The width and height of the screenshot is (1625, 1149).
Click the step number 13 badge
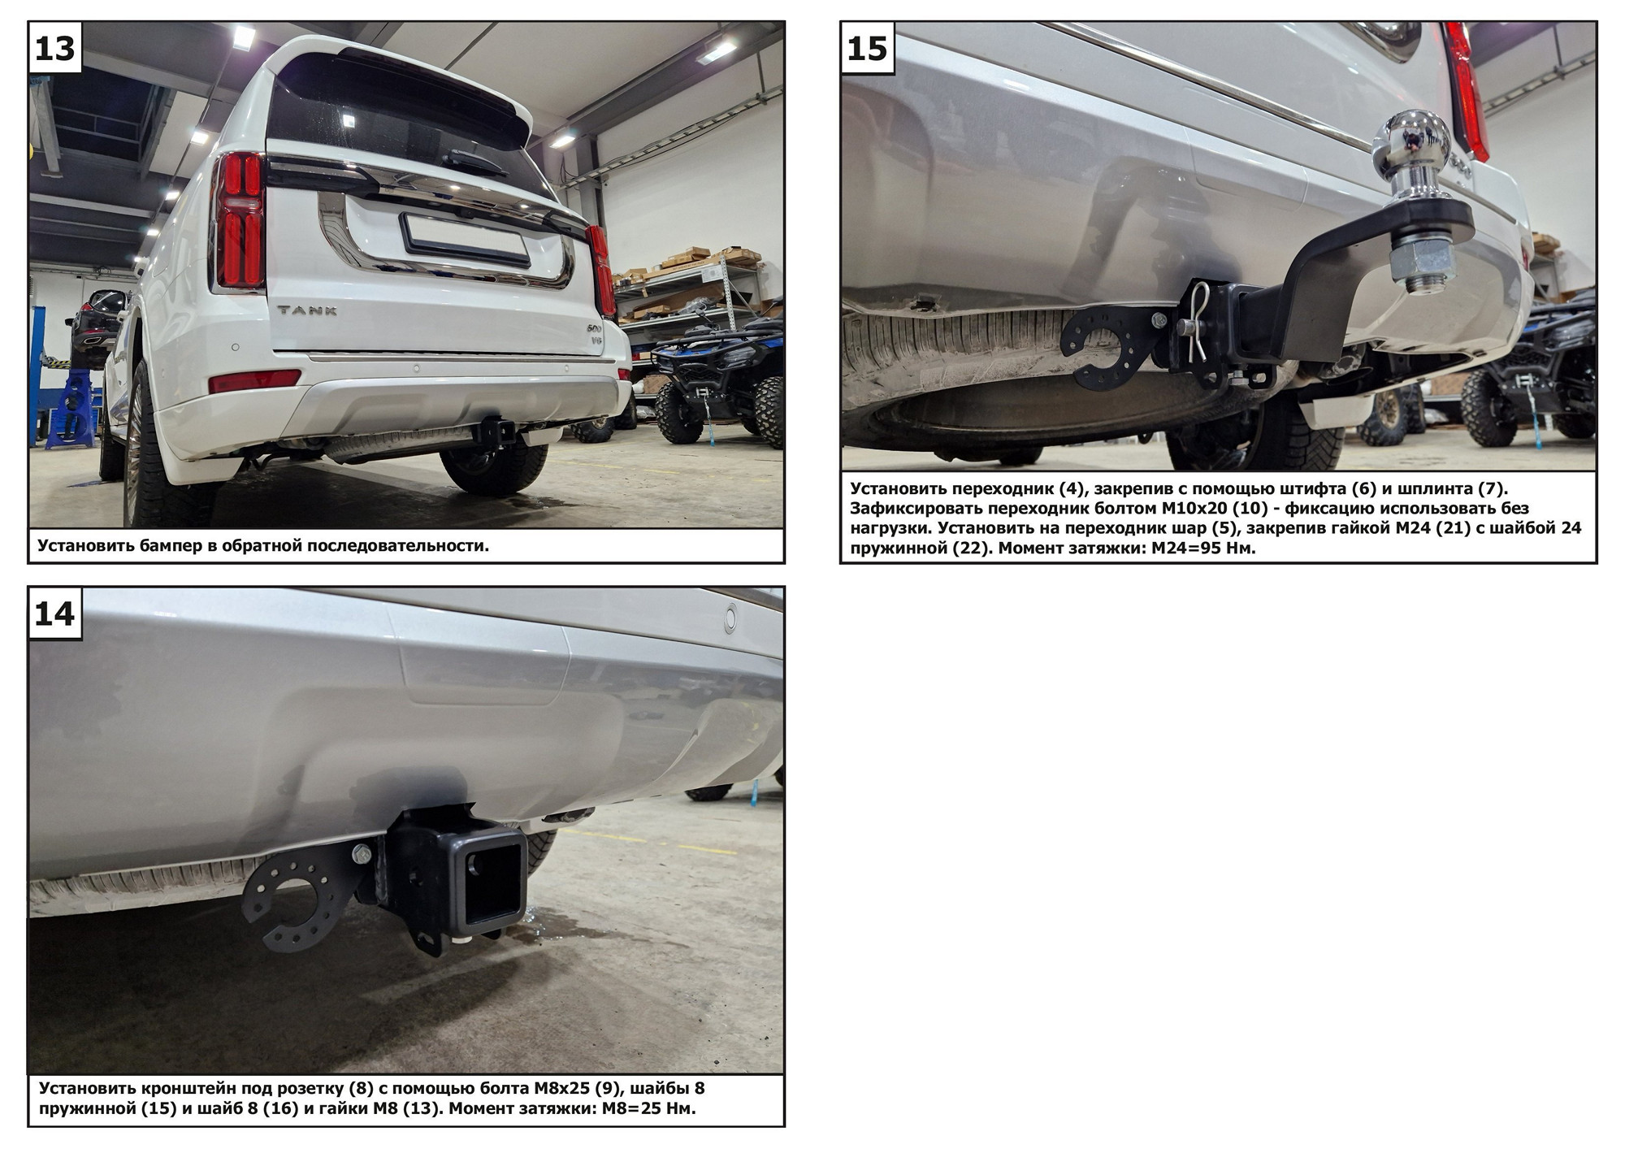tap(55, 48)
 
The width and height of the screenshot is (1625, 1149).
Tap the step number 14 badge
tap(55, 614)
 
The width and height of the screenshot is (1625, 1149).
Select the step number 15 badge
tap(867, 48)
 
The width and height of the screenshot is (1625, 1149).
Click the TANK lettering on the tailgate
tap(307, 310)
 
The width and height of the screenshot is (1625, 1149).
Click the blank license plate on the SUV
tap(466, 237)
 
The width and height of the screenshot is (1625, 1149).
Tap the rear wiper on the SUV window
tap(474, 161)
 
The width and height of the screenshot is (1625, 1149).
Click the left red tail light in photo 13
tap(240, 220)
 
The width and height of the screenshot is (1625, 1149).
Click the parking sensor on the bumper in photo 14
tap(730, 618)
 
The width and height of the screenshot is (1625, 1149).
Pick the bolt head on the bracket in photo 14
tap(361, 854)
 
